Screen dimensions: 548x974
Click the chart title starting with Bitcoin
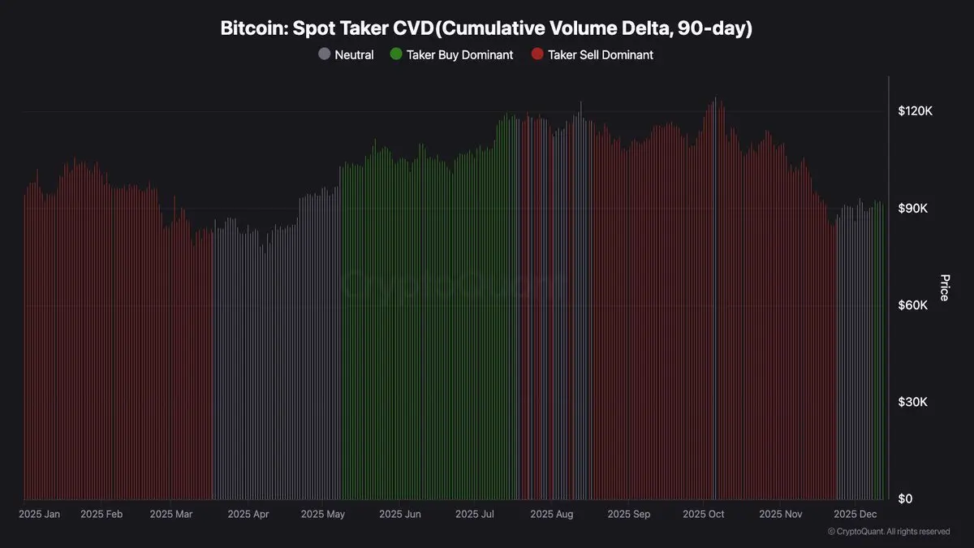click(x=487, y=28)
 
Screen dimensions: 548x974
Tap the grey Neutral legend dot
click(x=325, y=55)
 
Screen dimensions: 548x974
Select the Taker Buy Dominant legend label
click(x=459, y=55)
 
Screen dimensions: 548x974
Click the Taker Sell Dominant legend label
click(x=601, y=55)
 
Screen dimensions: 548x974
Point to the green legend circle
click(x=395, y=55)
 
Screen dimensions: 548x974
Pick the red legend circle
click(x=537, y=55)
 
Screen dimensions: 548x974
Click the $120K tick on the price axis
click(x=915, y=111)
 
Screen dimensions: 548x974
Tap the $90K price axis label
click(x=912, y=209)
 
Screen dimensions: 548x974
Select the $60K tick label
click(x=912, y=305)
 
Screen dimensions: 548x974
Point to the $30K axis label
click(x=912, y=403)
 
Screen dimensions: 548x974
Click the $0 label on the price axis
click(x=905, y=498)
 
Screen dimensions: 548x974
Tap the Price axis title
click(x=944, y=288)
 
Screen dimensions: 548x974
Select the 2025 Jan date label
click(x=39, y=515)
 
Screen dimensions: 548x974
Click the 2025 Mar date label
click(x=171, y=515)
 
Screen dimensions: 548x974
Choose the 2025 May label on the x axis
click(x=322, y=515)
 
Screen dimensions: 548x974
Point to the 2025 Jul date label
click(x=476, y=515)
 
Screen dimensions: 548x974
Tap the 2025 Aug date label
click(x=552, y=515)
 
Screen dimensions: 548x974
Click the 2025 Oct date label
click(x=704, y=515)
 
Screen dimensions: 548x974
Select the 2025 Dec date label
click(x=856, y=515)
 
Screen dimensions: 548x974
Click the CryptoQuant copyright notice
click(x=888, y=532)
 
